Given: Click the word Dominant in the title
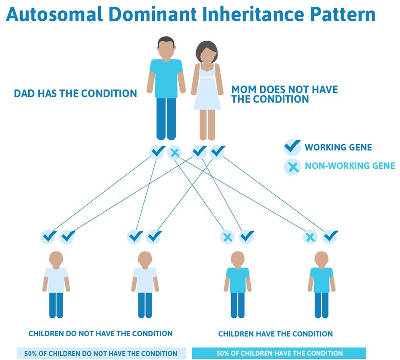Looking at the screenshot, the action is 153,14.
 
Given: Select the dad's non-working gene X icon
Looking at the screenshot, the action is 174,153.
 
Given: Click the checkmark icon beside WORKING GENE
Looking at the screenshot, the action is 292,147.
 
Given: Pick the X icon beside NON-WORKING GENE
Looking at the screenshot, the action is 292,167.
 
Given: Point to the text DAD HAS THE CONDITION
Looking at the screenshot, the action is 75,93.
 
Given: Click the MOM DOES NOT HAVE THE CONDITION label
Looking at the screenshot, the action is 285,94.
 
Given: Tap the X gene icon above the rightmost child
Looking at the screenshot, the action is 310,237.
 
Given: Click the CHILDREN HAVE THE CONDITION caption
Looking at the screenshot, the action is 275,334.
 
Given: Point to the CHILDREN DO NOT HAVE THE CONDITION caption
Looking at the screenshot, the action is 101,334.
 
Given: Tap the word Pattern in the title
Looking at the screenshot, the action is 343,14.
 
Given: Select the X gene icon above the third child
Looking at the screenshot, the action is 227,237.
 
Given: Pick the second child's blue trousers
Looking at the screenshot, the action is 145,305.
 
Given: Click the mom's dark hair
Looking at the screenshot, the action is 207,51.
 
